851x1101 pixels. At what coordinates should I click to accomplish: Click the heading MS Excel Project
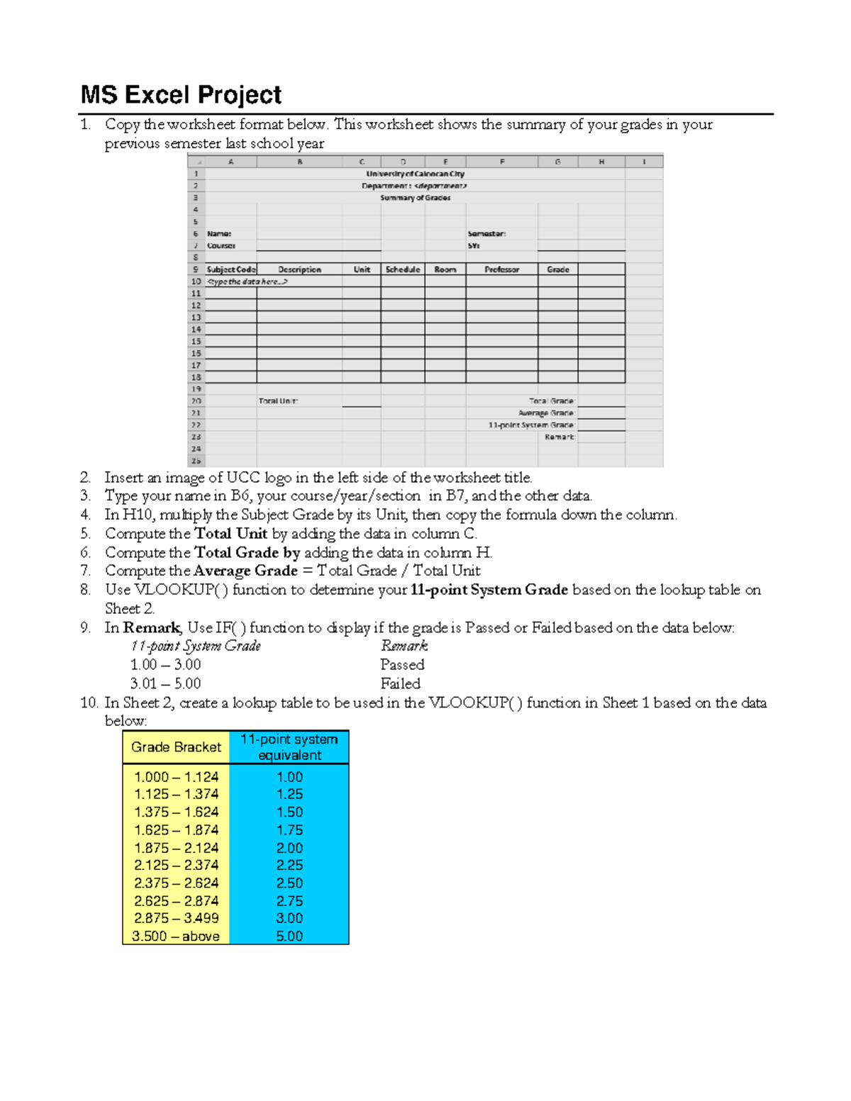181,95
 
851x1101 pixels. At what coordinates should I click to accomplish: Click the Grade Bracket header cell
176,747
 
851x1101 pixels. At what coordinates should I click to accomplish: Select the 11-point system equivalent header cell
289,747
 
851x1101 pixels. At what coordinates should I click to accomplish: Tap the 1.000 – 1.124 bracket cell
176,777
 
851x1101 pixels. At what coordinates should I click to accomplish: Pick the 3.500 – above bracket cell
176,937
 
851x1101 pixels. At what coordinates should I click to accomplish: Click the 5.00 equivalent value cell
289,937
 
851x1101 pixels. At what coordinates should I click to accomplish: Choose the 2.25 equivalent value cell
289,866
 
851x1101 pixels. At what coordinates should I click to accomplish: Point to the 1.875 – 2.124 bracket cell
176,848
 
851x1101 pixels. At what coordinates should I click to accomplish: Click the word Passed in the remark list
402,665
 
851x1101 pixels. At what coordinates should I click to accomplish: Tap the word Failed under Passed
400,684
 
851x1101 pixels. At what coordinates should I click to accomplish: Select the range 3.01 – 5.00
165,684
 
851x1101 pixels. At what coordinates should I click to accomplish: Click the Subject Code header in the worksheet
230,269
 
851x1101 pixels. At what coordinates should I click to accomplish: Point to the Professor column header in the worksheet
501,269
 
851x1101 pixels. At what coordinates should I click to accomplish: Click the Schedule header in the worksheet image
403,269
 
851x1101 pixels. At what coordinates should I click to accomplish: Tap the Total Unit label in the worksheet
278,401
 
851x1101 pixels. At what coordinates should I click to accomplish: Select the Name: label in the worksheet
219,234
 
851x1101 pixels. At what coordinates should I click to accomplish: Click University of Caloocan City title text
415,174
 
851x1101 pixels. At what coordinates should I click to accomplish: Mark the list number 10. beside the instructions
89,703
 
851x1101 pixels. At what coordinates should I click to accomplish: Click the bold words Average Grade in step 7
245,571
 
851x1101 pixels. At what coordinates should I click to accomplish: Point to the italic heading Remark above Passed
404,646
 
